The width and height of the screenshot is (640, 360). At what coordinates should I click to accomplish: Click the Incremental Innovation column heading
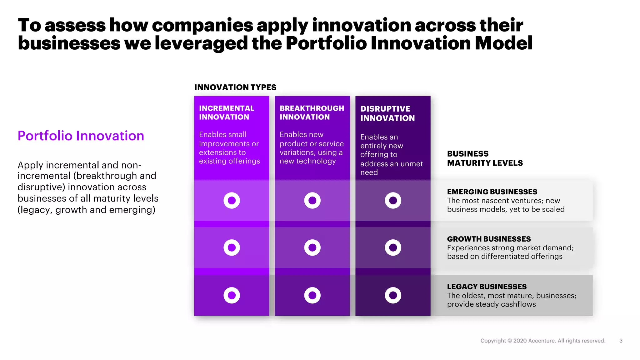tap(227, 112)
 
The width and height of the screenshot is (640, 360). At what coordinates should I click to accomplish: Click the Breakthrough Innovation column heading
tap(312, 112)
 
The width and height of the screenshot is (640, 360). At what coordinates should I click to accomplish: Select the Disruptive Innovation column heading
tap(387, 113)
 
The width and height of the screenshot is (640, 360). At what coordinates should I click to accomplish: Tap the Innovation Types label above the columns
tap(235, 87)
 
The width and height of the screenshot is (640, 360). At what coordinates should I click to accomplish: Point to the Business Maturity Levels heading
tap(485, 158)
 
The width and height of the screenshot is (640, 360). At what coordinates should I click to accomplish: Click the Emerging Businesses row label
tap(492, 192)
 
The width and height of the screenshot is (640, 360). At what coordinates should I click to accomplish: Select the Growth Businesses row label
tap(489, 239)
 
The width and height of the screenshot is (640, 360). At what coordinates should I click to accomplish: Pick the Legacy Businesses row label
tap(487, 287)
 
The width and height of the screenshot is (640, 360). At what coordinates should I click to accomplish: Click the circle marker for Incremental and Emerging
tap(232, 200)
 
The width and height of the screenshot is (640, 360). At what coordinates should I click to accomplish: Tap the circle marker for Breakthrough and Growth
tap(312, 247)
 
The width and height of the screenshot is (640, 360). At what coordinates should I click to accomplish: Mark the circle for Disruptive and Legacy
tap(393, 295)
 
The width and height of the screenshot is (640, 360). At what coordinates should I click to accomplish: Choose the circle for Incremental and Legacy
tap(232, 295)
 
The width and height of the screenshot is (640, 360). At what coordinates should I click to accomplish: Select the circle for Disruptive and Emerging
tap(393, 200)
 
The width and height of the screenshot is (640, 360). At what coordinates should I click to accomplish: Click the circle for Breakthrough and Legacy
tap(312, 295)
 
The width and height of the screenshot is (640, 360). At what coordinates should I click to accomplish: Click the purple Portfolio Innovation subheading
tap(81, 136)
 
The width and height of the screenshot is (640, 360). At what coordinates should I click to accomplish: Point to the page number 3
tap(621, 341)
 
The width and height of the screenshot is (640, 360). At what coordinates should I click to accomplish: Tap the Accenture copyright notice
tap(542, 341)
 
